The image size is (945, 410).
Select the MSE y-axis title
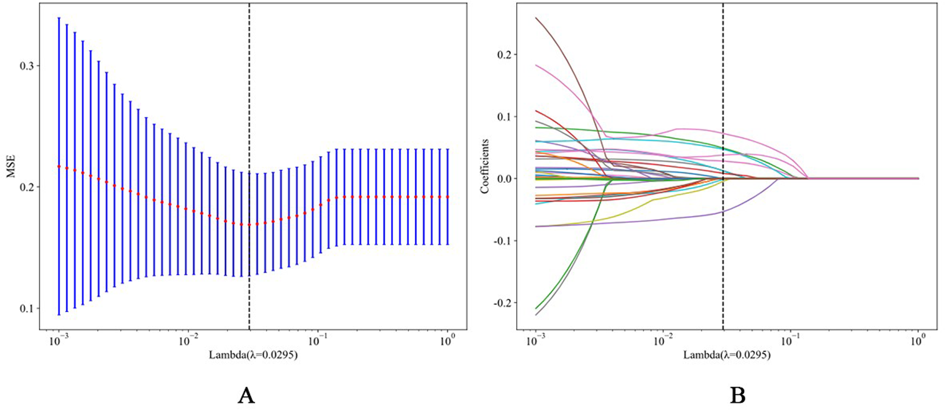click(x=10, y=166)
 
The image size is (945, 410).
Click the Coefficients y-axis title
click(x=485, y=166)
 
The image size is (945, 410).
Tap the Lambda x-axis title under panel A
click(x=253, y=355)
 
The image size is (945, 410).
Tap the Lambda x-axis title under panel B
click(x=727, y=355)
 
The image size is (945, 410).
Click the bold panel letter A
click(x=246, y=395)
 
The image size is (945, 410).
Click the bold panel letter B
click(x=738, y=395)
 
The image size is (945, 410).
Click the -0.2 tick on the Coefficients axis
click(x=501, y=303)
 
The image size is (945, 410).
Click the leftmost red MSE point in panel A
click(x=59, y=166)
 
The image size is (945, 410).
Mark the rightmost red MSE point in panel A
click(x=448, y=197)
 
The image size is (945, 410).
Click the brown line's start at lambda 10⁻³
click(x=536, y=18)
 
